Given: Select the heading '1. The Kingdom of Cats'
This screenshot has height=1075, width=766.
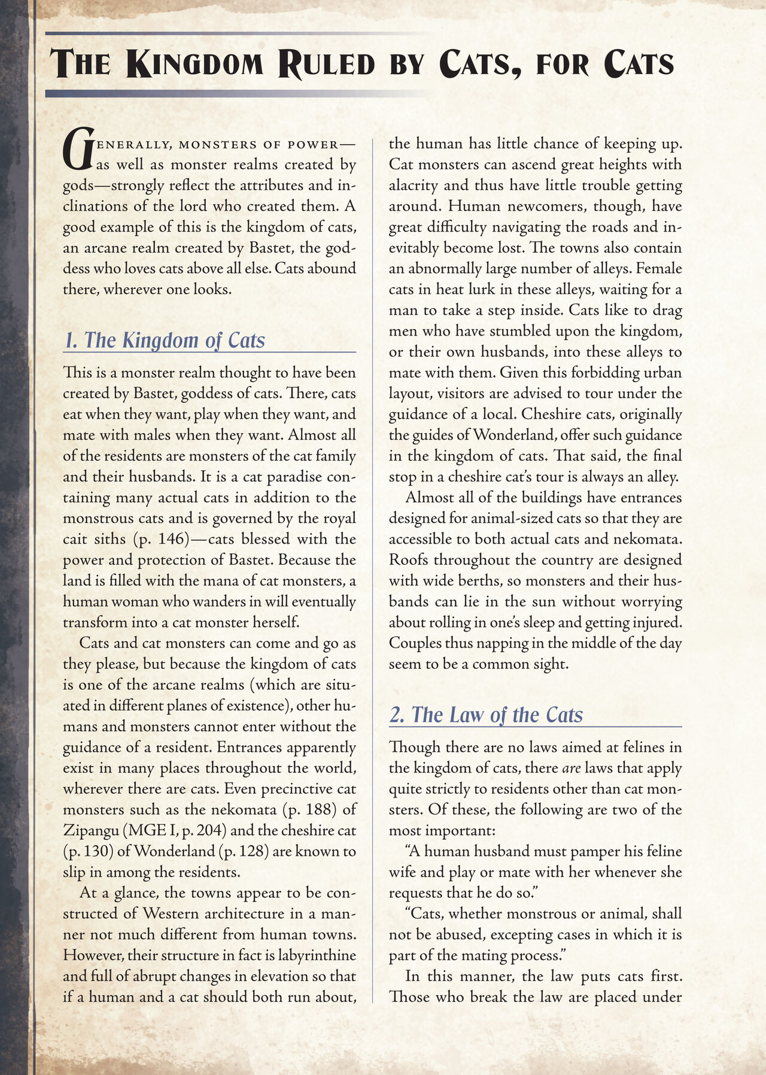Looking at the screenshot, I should click(164, 340).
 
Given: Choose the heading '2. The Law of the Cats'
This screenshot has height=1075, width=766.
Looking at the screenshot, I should click(485, 714).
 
